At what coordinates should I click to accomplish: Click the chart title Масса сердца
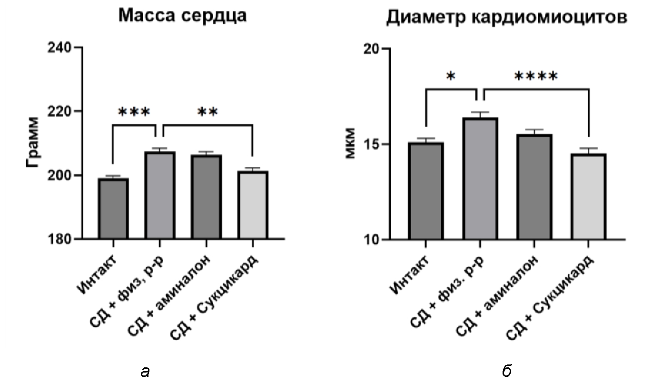click(x=182, y=16)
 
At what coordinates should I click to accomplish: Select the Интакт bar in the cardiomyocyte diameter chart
click(x=426, y=191)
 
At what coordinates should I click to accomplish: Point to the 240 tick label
click(x=61, y=48)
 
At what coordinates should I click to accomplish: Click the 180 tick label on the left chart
click(x=61, y=239)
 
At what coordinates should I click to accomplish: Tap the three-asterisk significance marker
click(x=134, y=112)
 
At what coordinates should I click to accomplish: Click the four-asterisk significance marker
click(x=535, y=76)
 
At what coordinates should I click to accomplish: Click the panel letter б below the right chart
click(x=506, y=371)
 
